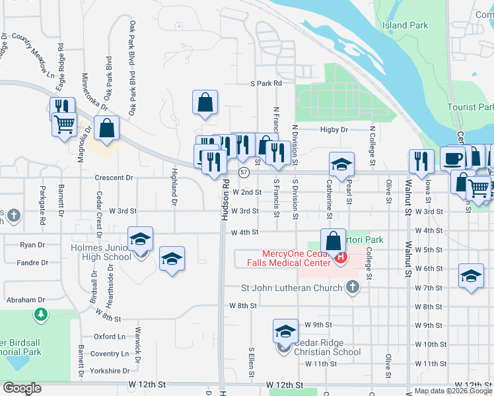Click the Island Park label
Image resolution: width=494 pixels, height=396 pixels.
coord(405,26)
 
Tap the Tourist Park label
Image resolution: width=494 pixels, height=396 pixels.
coord(470,107)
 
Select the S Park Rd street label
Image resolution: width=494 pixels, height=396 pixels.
coord(266,84)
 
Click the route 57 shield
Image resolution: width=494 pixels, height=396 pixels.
coord(244,172)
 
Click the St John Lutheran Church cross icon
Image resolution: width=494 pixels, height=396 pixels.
coord(353,287)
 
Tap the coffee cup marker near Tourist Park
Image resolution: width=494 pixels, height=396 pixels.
coord(453,158)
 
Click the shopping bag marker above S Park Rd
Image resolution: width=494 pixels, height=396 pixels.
coord(205,102)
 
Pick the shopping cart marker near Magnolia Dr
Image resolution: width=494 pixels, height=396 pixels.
coord(64,123)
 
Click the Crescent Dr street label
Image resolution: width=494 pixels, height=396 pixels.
coord(114,178)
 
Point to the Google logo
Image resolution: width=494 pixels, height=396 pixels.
coord(22,388)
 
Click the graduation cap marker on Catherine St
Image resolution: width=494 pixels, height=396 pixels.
coord(341,164)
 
